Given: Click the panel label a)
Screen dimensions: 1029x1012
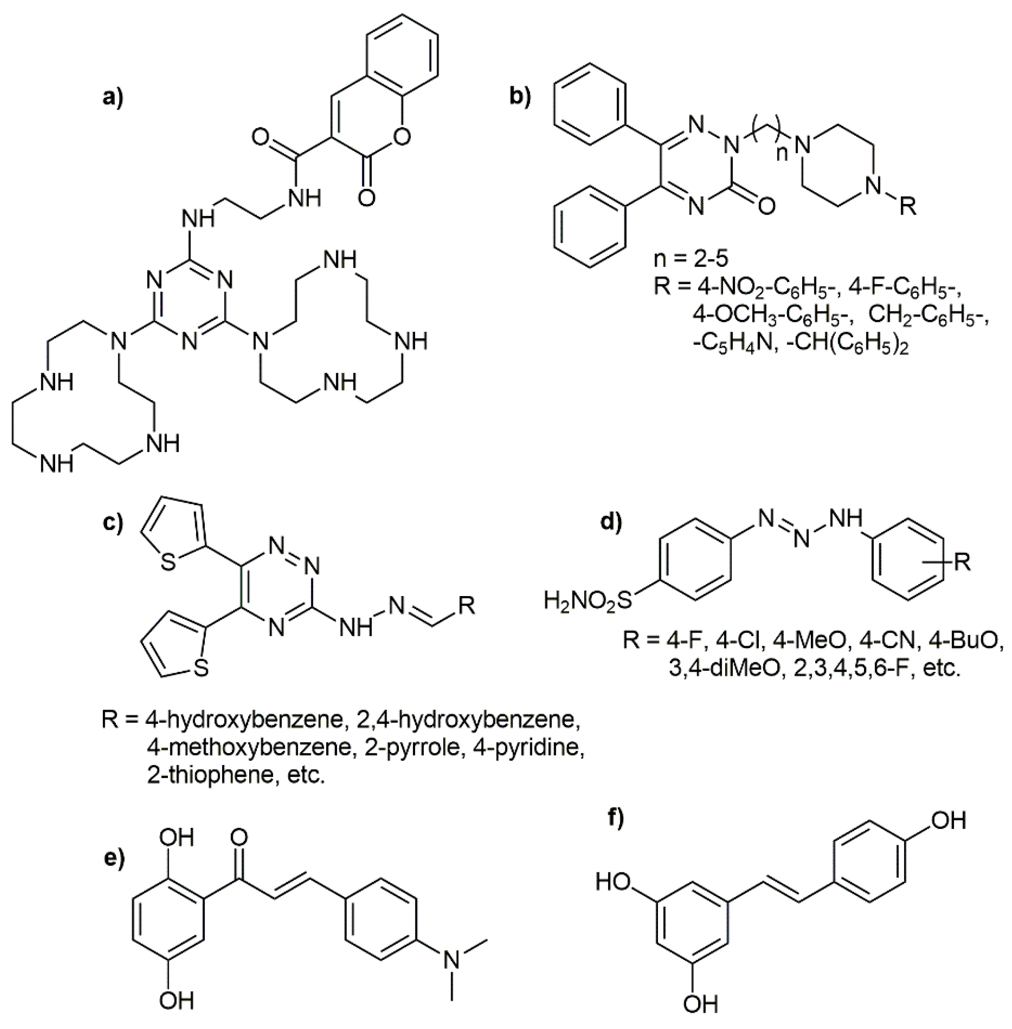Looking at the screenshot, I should pyautogui.click(x=112, y=98).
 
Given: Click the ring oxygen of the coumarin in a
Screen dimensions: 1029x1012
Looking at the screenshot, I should pyautogui.click(x=402, y=138).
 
